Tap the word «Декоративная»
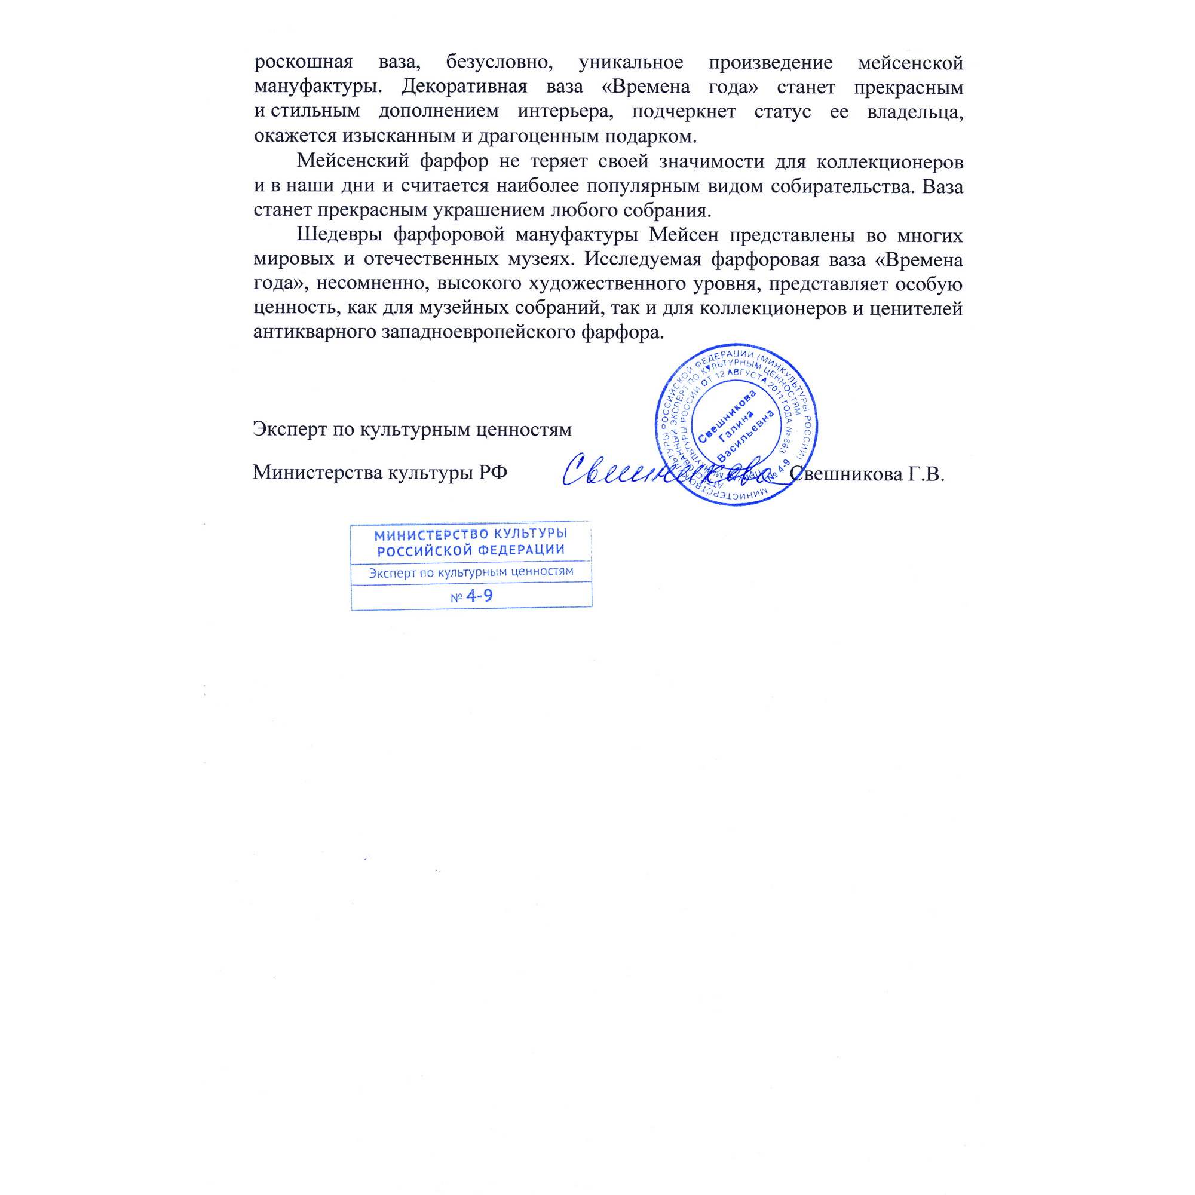(x=464, y=87)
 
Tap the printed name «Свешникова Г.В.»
(x=867, y=474)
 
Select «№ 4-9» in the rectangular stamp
(x=471, y=596)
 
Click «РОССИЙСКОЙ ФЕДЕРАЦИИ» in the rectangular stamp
(x=471, y=550)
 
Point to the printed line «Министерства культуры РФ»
(x=380, y=473)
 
